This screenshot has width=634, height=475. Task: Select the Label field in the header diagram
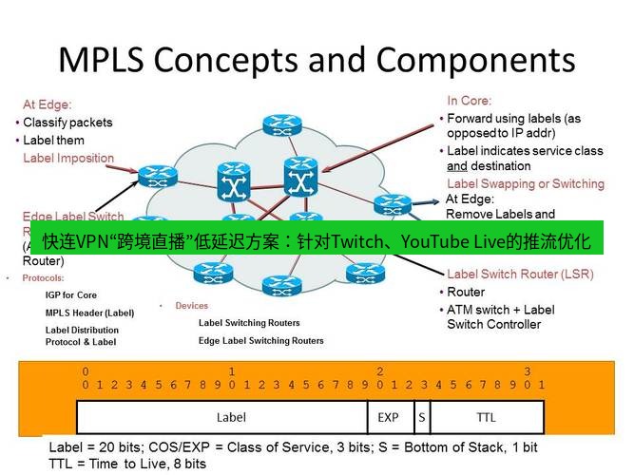click(x=231, y=416)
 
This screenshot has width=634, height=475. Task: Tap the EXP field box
click(x=388, y=416)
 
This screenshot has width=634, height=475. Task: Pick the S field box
click(x=420, y=416)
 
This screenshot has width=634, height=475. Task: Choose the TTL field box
click(x=485, y=416)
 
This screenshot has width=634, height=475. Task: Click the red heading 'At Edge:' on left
click(x=48, y=104)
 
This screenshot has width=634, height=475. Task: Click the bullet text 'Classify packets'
click(x=67, y=123)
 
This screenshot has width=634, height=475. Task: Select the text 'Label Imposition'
click(x=68, y=158)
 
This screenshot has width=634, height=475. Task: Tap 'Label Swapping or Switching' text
click(x=525, y=183)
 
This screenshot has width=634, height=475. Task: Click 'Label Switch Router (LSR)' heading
click(x=520, y=275)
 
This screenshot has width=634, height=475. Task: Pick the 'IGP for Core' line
click(x=71, y=295)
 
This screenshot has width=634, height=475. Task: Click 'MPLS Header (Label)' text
click(x=89, y=313)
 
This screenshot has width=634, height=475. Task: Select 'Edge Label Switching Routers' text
click(x=260, y=340)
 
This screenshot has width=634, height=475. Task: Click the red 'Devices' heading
click(x=191, y=306)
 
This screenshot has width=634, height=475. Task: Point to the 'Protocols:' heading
click(x=44, y=278)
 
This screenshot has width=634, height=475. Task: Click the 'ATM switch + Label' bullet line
click(x=501, y=310)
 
